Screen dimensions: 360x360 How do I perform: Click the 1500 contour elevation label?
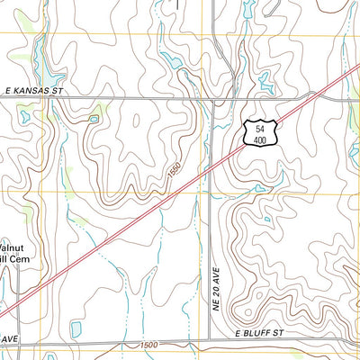148,345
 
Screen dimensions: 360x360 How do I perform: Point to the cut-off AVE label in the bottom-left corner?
9,338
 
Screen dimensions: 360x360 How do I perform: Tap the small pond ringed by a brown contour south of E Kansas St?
94,119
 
